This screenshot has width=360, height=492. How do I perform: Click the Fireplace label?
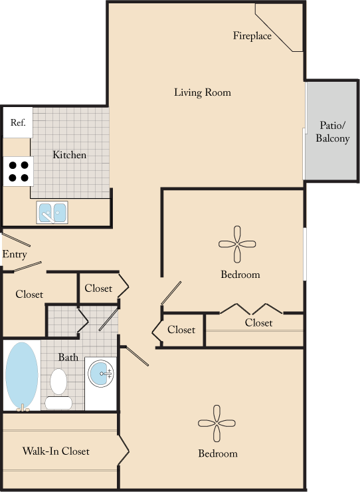[252, 36]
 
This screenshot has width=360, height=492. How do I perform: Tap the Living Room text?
[203, 92]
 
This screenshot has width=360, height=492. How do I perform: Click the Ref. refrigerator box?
[18, 123]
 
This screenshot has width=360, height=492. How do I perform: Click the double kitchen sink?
[52, 213]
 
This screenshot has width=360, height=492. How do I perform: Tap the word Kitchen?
[70, 155]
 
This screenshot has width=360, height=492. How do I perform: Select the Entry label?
[15, 255]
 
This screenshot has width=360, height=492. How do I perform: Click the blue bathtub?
[22, 376]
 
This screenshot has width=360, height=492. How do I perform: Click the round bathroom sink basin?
[102, 374]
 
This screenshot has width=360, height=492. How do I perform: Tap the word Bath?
[68, 357]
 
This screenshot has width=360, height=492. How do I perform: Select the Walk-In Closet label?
[56, 451]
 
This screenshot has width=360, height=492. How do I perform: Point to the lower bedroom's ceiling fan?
[217, 424]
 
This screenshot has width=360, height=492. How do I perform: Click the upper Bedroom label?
[240, 275]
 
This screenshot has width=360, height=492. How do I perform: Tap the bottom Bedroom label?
[217, 454]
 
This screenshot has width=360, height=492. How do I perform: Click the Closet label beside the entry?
[29, 294]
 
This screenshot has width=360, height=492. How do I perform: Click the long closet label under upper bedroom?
[258, 323]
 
